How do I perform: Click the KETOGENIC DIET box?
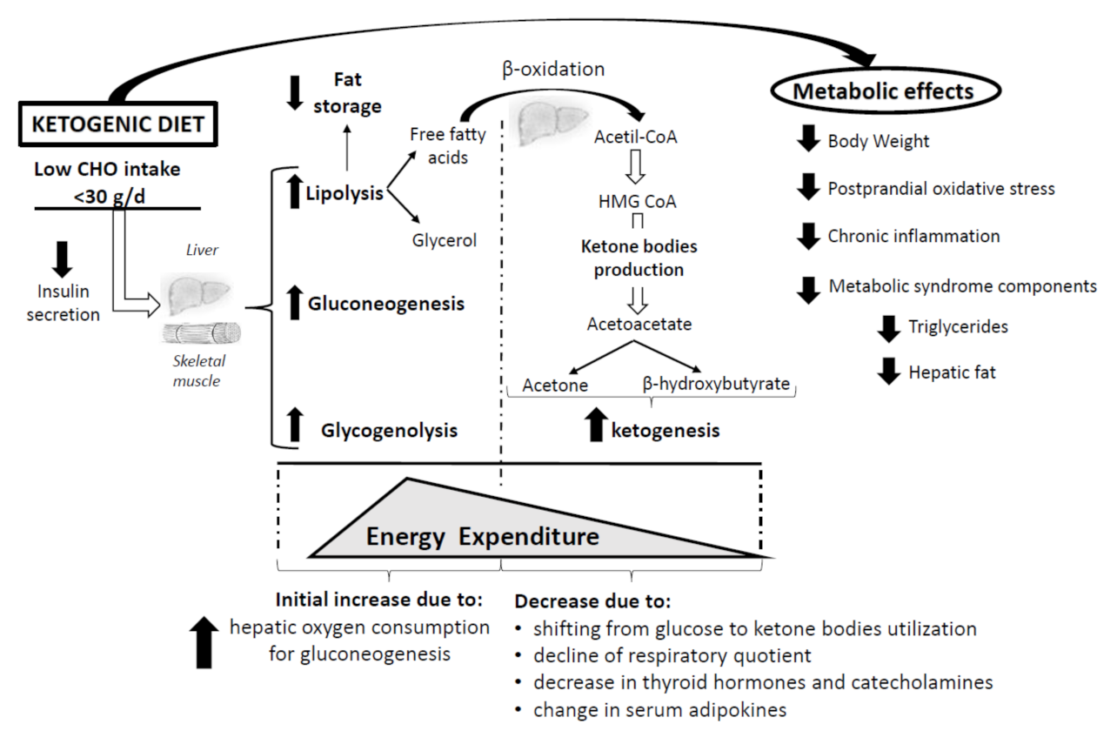(117, 124)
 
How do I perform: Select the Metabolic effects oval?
(886, 91)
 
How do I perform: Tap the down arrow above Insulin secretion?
(63, 258)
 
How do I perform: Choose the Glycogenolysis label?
(389, 430)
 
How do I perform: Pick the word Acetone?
(555, 385)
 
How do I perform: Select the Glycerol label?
(445, 241)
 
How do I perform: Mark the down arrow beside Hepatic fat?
(888, 372)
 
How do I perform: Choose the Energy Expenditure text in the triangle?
(482, 536)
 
